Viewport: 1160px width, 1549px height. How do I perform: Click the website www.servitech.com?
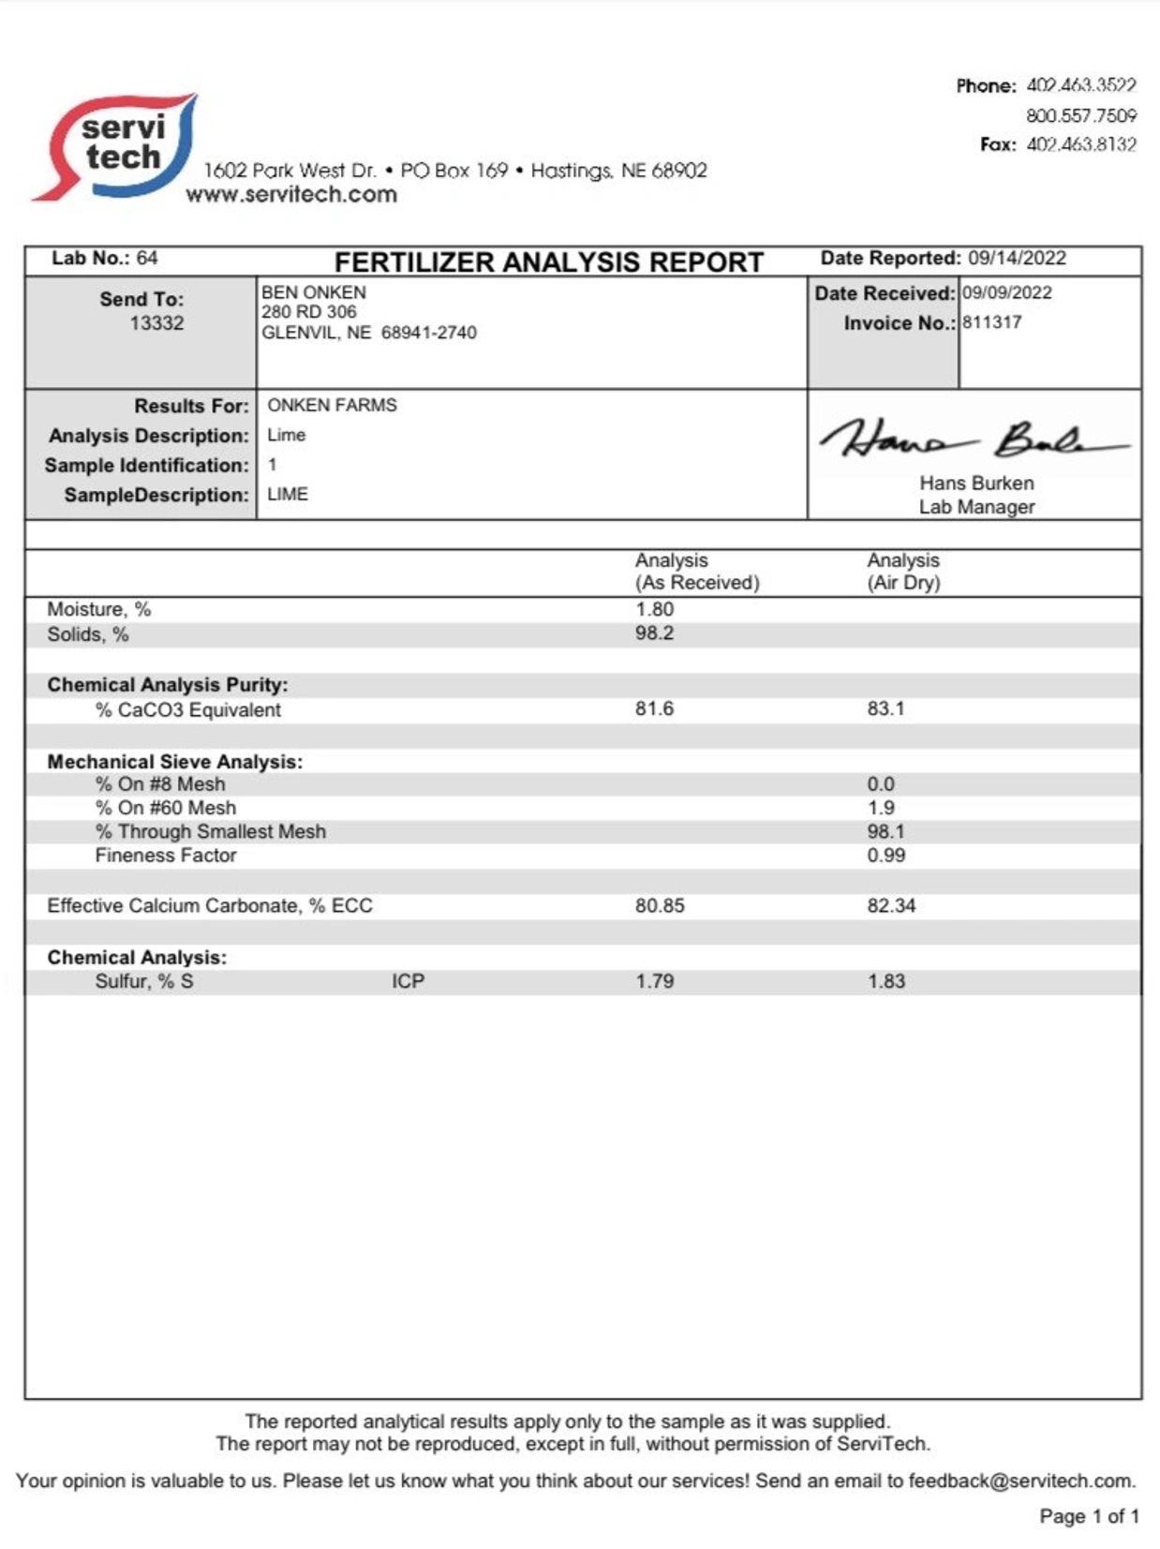click(x=291, y=194)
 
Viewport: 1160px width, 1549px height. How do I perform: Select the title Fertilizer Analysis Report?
click(x=549, y=261)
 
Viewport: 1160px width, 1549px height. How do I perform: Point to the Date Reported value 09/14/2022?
click(x=1017, y=258)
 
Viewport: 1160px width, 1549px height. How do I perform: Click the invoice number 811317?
click(x=991, y=322)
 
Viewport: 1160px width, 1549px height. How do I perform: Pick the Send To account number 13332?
click(x=156, y=323)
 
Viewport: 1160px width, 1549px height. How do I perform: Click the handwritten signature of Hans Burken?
click(x=974, y=439)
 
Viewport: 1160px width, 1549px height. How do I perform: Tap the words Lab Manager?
click(x=976, y=507)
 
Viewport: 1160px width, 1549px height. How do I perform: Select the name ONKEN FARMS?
click(x=332, y=405)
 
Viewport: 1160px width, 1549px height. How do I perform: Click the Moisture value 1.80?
click(x=654, y=609)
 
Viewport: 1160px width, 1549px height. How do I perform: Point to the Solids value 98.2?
click(x=654, y=633)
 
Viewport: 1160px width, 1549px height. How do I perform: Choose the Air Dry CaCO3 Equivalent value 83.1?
click(x=885, y=708)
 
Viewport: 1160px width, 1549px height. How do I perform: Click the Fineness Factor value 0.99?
click(x=885, y=855)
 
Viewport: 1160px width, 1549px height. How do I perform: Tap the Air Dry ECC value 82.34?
click(x=890, y=905)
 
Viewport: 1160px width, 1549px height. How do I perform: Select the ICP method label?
click(x=408, y=981)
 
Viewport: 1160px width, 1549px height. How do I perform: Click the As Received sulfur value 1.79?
click(x=654, y=981)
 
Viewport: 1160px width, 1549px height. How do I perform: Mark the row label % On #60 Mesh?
click(x=166, y=808)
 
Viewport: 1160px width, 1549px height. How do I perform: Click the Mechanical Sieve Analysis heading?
click(x=175, y=762)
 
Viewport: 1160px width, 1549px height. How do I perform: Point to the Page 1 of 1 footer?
click(x=1089, y=1516)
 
